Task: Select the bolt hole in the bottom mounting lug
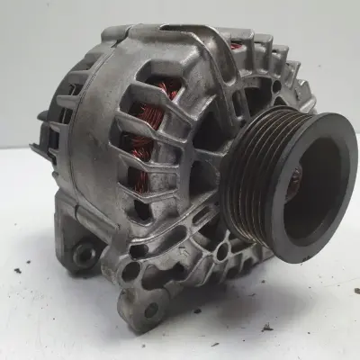[148, 309]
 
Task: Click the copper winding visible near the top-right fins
[237, 45]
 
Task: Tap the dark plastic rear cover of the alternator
[63, 108]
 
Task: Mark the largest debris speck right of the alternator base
[267, 327]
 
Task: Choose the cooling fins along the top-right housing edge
[274, 63]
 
